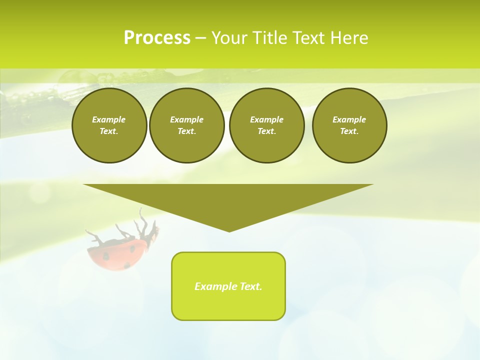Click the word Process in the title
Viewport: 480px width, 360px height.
click(157, 38)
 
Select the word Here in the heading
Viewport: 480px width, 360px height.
click(348, 38)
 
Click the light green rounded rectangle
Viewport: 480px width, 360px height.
click(228, 305)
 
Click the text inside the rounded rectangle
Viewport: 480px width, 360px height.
click(228, 286)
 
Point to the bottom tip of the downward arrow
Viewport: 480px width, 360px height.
click(229, 230)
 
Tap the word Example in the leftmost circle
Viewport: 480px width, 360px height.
click(109, 119)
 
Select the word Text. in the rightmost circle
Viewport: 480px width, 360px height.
click(349, 131)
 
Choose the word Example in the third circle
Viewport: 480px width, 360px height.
click(266, 119)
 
